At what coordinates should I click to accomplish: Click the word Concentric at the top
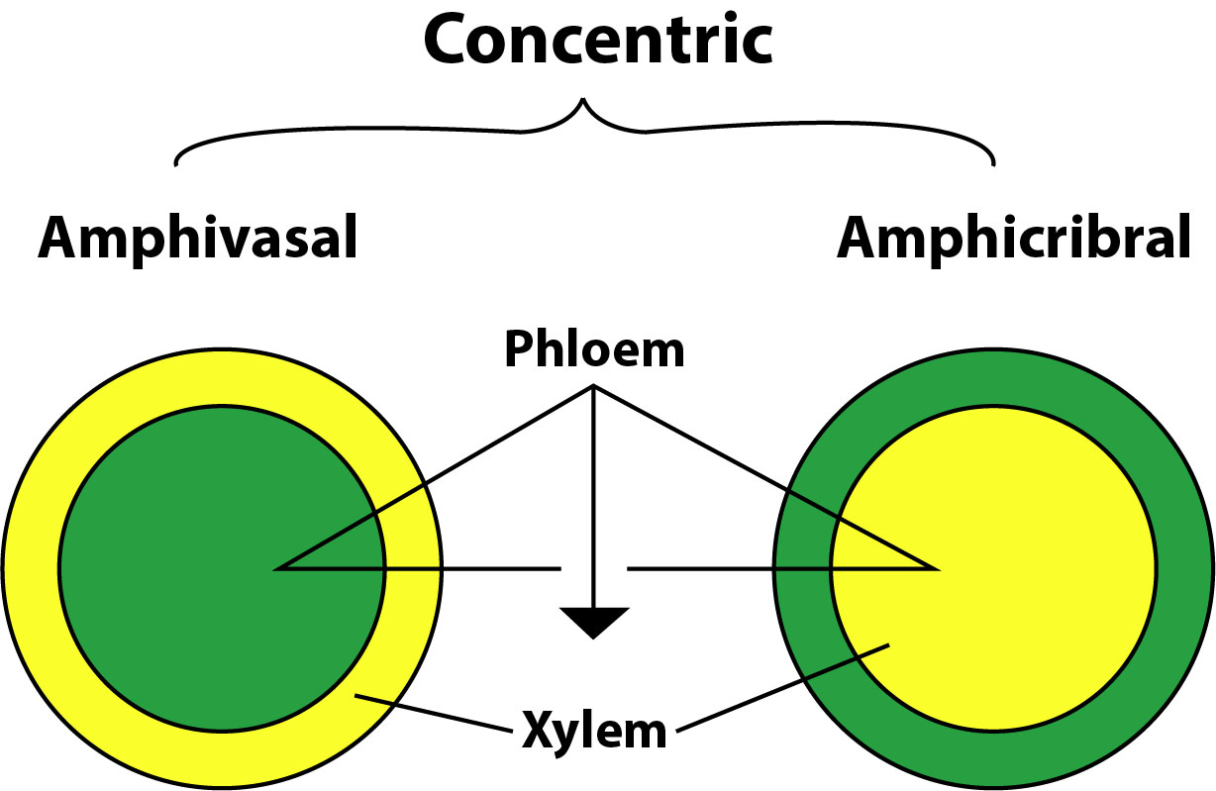click(x=597, y=40)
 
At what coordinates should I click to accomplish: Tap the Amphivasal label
click(x=197, y=239)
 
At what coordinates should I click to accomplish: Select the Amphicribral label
click(x=1013, y=239)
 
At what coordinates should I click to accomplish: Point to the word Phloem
click(x=594, y=349)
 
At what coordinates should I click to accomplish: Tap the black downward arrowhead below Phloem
click(x=593, y=621)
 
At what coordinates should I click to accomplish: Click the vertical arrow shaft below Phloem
click(x=593, y=495)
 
